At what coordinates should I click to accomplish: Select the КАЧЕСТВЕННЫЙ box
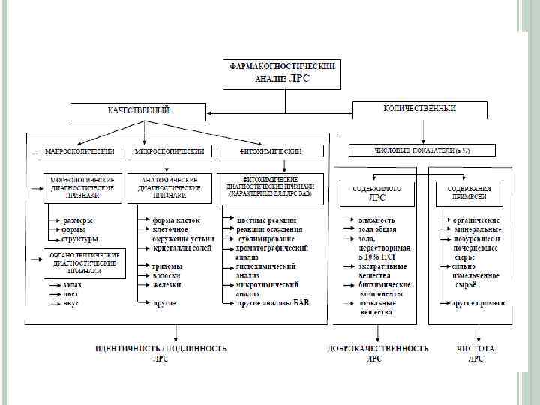[138, 111]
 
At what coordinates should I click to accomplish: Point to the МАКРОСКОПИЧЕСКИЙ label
[79, 151]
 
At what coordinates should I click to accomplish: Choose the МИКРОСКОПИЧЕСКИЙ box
[169, 151]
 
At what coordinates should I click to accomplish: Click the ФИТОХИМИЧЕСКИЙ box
[271, 151]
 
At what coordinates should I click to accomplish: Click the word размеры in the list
[78, 220]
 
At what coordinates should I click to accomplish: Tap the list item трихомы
[166, 265]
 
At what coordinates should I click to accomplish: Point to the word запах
[72, 284]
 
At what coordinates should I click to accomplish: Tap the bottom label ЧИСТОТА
[475, 349]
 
